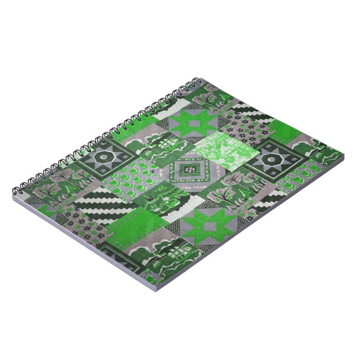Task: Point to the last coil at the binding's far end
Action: click(208, 82)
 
